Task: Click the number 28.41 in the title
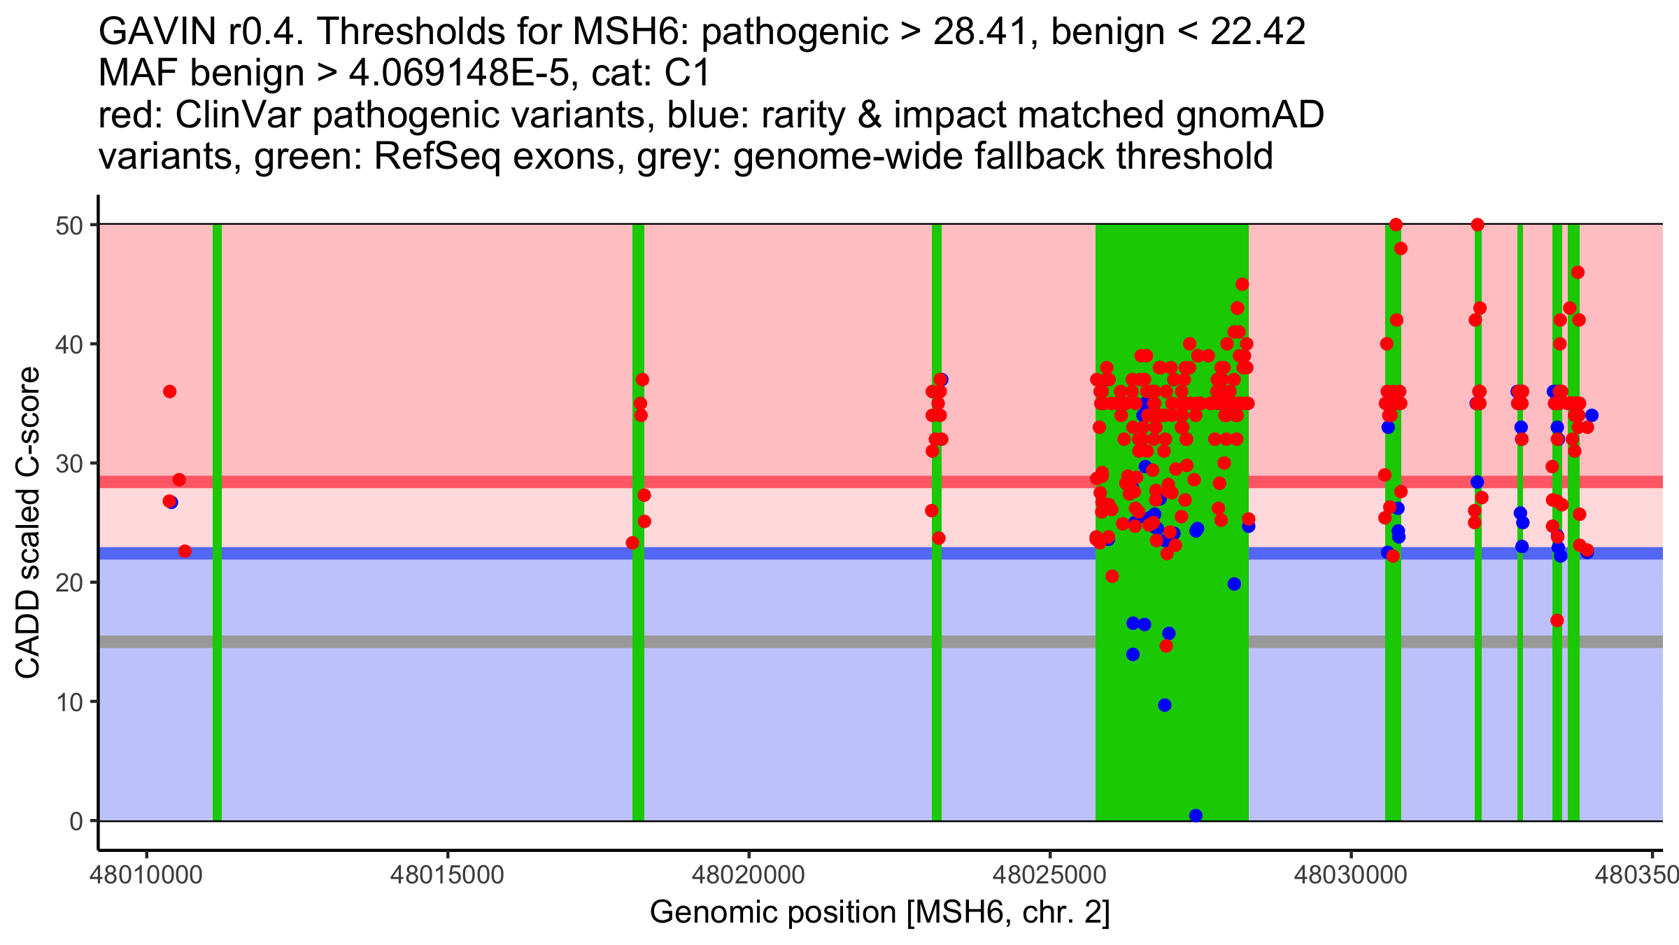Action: click(984, 31)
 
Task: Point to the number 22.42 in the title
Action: click(1257, 31)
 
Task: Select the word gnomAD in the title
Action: click(1249, 116)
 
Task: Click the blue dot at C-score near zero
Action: click(1196, 815)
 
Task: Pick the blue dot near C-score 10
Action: click(1164, 705)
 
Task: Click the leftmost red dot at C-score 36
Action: click(169, 391)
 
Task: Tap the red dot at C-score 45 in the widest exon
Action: click(1242, 284)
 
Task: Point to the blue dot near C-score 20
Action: click(1234, 584)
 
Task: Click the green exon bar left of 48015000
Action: click(217, 522)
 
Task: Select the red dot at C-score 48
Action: click(1401, 248)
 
